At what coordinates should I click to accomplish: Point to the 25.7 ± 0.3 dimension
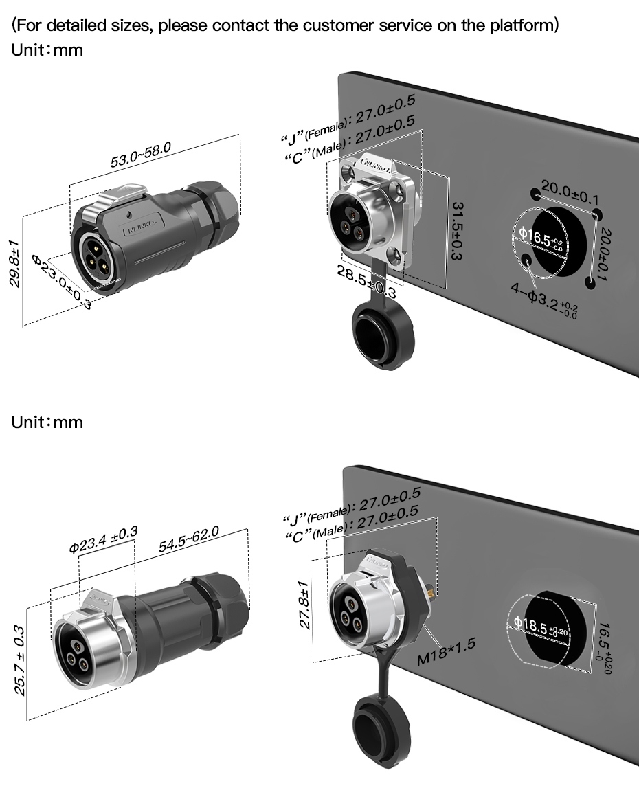click(20, 660)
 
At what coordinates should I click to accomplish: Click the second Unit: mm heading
click(47, 422)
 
